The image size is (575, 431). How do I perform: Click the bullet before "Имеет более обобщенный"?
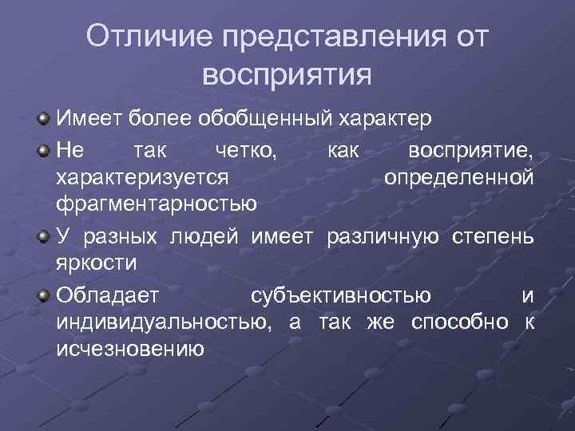(x=44, y=120)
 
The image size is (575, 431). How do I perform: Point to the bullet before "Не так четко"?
(x=44, y=149)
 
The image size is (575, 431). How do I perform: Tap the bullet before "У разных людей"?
(x=44, y=236)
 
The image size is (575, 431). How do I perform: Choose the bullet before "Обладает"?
(x=44, y=295)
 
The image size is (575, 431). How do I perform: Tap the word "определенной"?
(x=458, y=177)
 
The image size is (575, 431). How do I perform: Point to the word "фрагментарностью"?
(x=157, y=206)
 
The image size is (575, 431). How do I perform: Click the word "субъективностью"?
(x=342, y=295)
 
